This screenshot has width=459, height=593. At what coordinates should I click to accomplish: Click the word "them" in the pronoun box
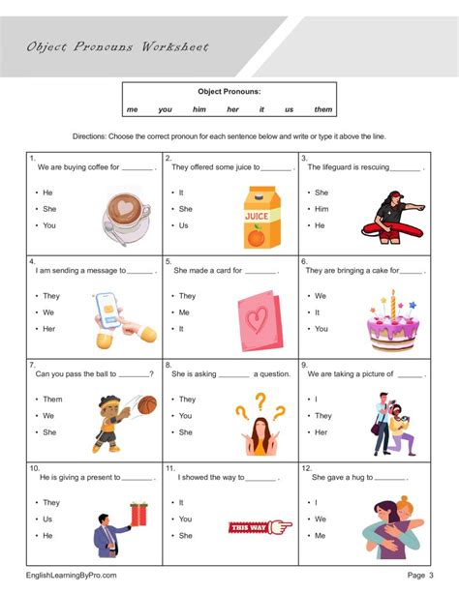click(323, 109)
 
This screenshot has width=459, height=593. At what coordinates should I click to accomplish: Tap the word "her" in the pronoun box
click(232, 109)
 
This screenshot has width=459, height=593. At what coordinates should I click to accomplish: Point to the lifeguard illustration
click(392, 216)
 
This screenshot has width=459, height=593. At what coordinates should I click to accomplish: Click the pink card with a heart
click(259, 320)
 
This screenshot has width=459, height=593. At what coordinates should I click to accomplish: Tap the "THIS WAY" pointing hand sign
click(260, 526)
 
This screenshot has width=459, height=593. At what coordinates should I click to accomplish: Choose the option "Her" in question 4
click(48, 329)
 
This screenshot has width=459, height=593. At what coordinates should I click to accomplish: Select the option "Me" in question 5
click(184, 312)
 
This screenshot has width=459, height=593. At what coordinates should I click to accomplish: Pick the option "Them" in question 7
click(52, 399)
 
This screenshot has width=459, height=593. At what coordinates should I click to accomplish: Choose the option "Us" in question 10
click(47, 519)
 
